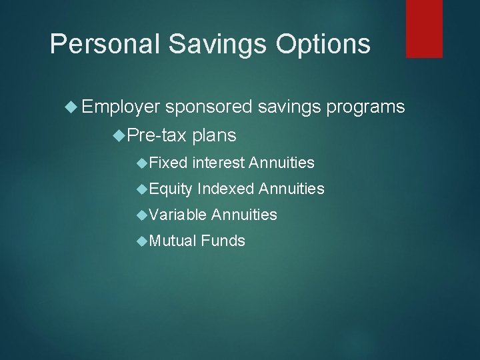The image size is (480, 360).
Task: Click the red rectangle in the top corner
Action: click(425, 28)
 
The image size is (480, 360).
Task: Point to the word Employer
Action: click(122, 107)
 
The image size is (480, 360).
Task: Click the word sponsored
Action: click(209, 107)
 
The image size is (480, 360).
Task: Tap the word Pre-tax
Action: click(157, 136)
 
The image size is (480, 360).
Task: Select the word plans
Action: click(214, 136)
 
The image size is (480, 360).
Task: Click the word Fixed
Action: click(168, 163)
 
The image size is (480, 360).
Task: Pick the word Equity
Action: click(171, 189)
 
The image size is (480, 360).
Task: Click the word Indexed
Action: click(225, 189)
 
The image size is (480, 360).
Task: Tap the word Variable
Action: click(177, 215)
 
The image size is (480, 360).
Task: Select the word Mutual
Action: click(172, 241)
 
